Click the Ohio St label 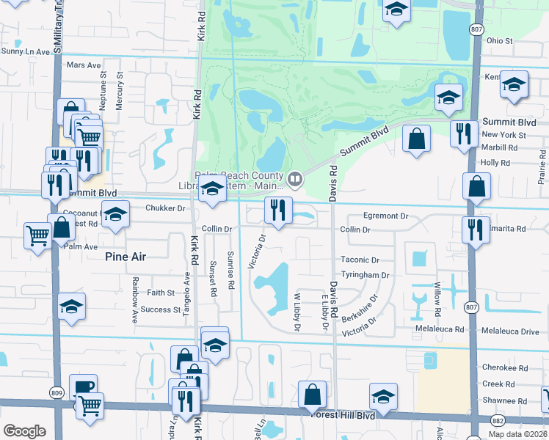(x=499, y=41)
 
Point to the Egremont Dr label (x=385, y=216)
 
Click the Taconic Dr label (x=360, y=260)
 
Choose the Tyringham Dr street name (x=364, y=275)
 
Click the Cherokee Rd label (x=504, y=367)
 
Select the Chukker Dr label (x=165, y=208)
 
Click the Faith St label (x=161, y=293)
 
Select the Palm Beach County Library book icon (x=294, y=177)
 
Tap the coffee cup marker (x=83, y=387)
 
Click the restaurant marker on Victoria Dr (x=278, y=209)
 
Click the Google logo (x=24, y=431)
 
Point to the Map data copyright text (x=518, y=434)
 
